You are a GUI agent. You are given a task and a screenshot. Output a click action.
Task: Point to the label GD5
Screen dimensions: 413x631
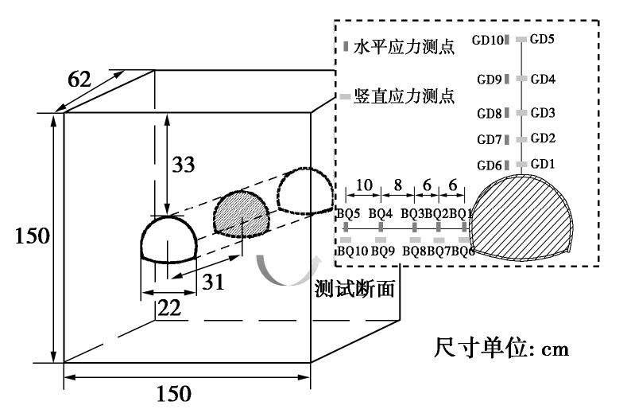[543, 39]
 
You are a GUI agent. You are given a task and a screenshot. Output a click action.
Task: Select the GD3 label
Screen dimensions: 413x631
[543, 113]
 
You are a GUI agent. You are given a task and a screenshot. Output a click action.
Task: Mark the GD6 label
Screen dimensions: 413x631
[489, 165]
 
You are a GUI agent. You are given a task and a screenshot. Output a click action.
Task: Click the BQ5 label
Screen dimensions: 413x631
[350, 213]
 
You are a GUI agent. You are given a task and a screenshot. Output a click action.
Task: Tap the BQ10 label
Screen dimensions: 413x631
[353, 251]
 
